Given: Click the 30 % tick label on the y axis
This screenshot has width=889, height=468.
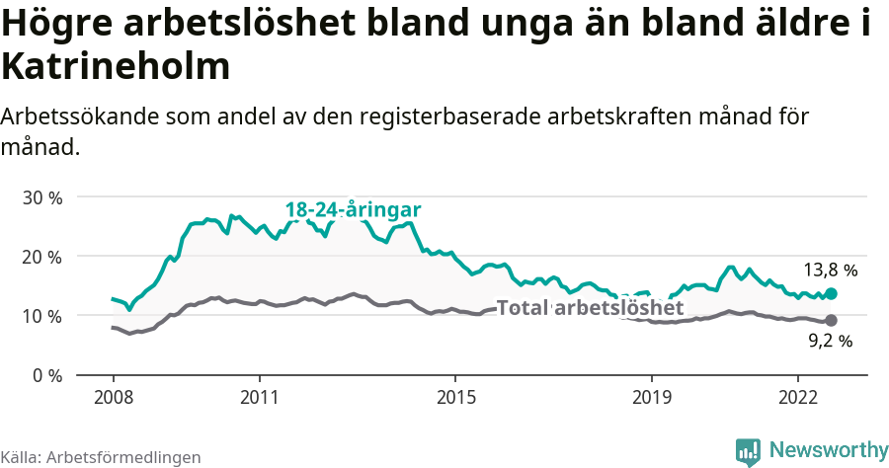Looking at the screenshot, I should point(42,197).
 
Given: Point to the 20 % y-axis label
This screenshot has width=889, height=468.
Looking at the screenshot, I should point(42,257).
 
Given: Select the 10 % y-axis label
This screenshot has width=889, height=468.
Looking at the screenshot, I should point(42,316).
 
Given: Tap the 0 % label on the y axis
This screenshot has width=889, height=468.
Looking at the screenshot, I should point(47,375).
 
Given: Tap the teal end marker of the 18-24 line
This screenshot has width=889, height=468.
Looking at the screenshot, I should point(832,293).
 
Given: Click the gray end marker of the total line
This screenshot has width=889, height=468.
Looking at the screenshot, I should point(832,320).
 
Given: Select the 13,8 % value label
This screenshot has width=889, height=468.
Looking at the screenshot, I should point(830,269).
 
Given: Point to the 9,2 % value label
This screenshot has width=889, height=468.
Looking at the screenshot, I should point(830,342).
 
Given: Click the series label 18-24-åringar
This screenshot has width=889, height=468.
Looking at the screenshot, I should point(354,209).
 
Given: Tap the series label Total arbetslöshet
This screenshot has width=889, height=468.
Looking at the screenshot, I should point(590,308).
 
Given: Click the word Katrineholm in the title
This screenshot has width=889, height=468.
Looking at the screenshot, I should point(116,66).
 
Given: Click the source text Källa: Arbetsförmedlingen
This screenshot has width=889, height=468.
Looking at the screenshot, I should point(101,457).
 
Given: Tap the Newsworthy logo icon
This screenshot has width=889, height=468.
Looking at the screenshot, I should point(748,451).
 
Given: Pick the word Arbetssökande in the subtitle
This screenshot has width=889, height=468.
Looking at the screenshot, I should point(73,116).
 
